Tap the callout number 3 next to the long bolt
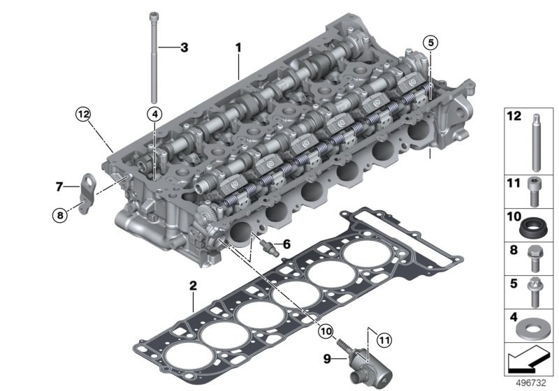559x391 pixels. pyautogui.click(x=184, y=47)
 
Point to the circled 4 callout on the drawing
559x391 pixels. pyautogui.click(x=154, y=113)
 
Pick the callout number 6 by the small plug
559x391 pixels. pyautogui.click(x=286, y=244)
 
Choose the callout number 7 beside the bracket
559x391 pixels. pyautogui.click(x=59, y=186)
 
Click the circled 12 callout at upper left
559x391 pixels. pyautogui.click(x=84, y=114)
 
